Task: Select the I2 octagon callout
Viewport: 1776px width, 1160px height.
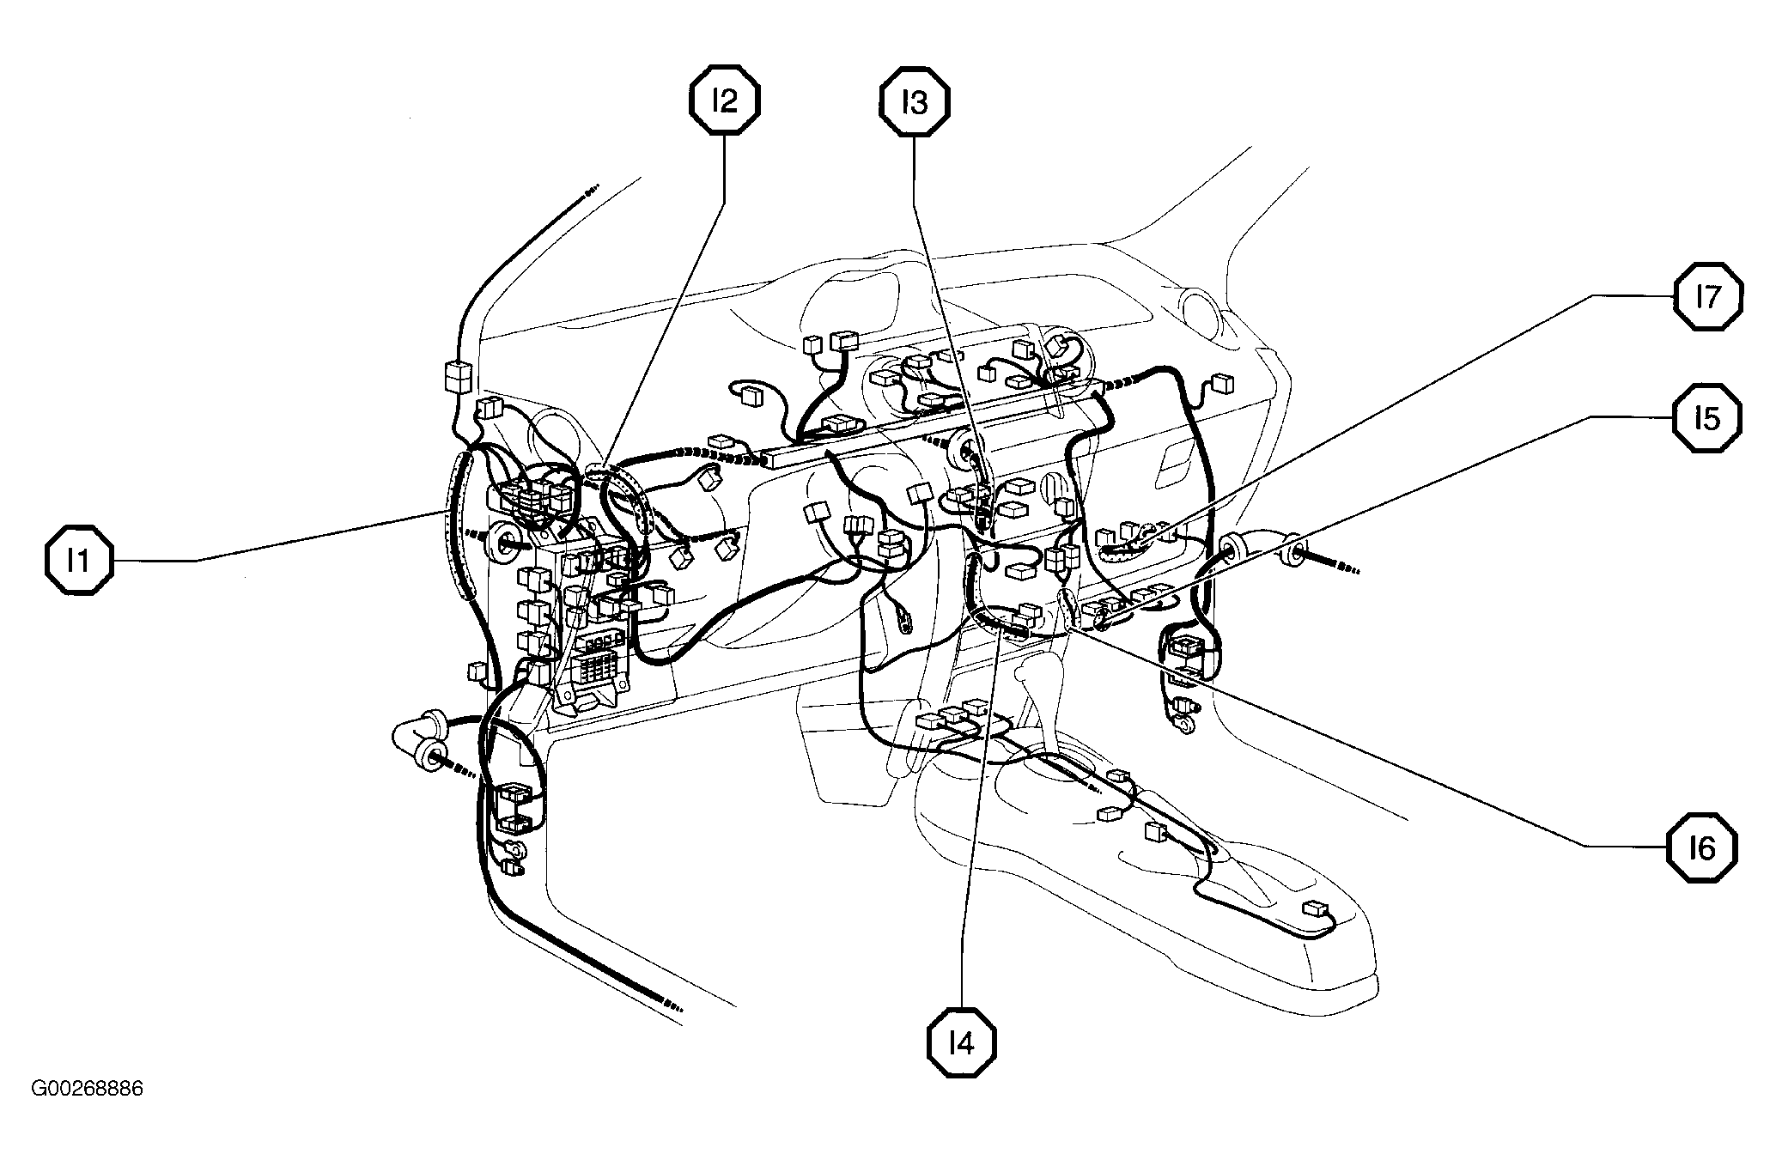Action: coord(725,101)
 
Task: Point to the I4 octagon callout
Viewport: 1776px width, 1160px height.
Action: coord(963,1043)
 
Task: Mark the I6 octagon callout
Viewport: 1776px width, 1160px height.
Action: coord(1702,848)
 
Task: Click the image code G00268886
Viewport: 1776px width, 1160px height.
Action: coord(87,1090)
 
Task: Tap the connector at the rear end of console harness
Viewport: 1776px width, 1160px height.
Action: coord(1315,908)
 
